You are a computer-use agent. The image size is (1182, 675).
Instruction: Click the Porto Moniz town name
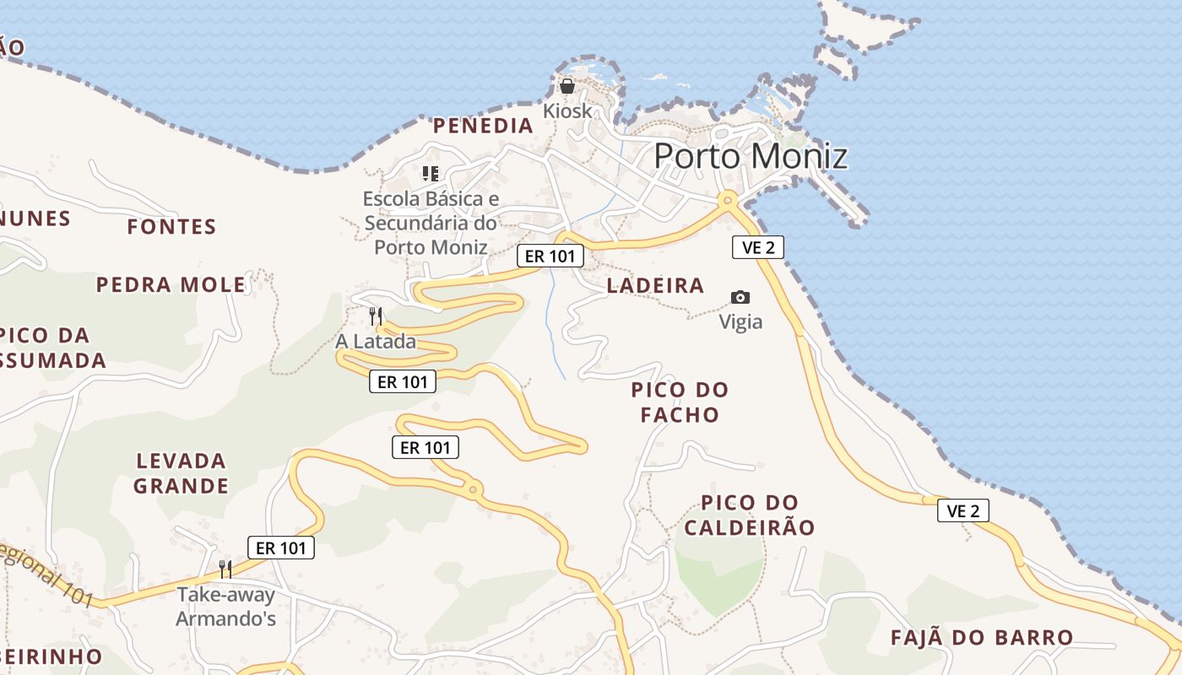tap(750, 156)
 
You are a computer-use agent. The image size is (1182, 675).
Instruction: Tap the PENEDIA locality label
tap(483, 126)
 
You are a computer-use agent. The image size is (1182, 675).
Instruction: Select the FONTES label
tap(171, 226)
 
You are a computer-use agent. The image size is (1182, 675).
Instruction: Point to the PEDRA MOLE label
tap(171, 284)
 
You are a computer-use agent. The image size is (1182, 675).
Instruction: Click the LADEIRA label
tap(655, 285)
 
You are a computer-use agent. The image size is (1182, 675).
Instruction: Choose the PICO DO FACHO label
tap(680, 402)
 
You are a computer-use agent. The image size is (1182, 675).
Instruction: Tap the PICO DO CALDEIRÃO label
tap(750, 516)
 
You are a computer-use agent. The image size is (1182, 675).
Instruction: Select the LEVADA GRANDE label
tap(181, 473)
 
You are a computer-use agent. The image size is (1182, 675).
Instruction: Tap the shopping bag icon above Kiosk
tap(567, 86)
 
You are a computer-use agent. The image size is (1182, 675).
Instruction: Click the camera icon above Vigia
tap(740, 297)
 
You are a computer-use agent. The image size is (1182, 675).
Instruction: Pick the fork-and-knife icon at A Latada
tap(376, 316)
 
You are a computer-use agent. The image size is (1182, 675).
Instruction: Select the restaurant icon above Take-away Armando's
tap(225, 570)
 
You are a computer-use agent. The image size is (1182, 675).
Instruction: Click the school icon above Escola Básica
tap(431, 174)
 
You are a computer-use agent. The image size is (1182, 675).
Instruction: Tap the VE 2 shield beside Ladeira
tap(757, 247)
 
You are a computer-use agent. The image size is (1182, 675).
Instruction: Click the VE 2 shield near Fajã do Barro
tap(962, 510)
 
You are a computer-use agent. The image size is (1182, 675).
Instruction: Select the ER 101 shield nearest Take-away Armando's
tap(281, 548)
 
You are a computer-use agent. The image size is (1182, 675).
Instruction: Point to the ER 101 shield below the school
tap(550, 256)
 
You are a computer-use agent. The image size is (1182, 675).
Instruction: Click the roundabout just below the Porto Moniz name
tap(726, 200)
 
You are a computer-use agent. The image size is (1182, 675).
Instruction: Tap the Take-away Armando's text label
tap(225, 607)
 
